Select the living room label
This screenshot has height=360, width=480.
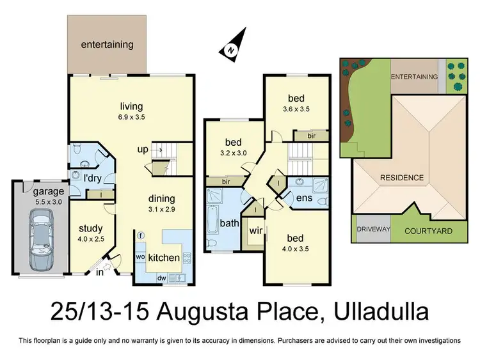click(x=131, y=106)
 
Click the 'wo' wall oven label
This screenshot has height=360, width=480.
click(x=140, y=257)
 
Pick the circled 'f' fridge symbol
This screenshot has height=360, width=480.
click(x=140, y=235)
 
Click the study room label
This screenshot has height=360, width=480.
click(x=90, y=228)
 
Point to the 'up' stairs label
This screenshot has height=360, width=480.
click(x=143, y=150)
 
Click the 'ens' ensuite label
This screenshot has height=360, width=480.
click(x=303, y=199)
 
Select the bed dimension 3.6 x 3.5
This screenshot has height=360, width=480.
click(x=296, y=109)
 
